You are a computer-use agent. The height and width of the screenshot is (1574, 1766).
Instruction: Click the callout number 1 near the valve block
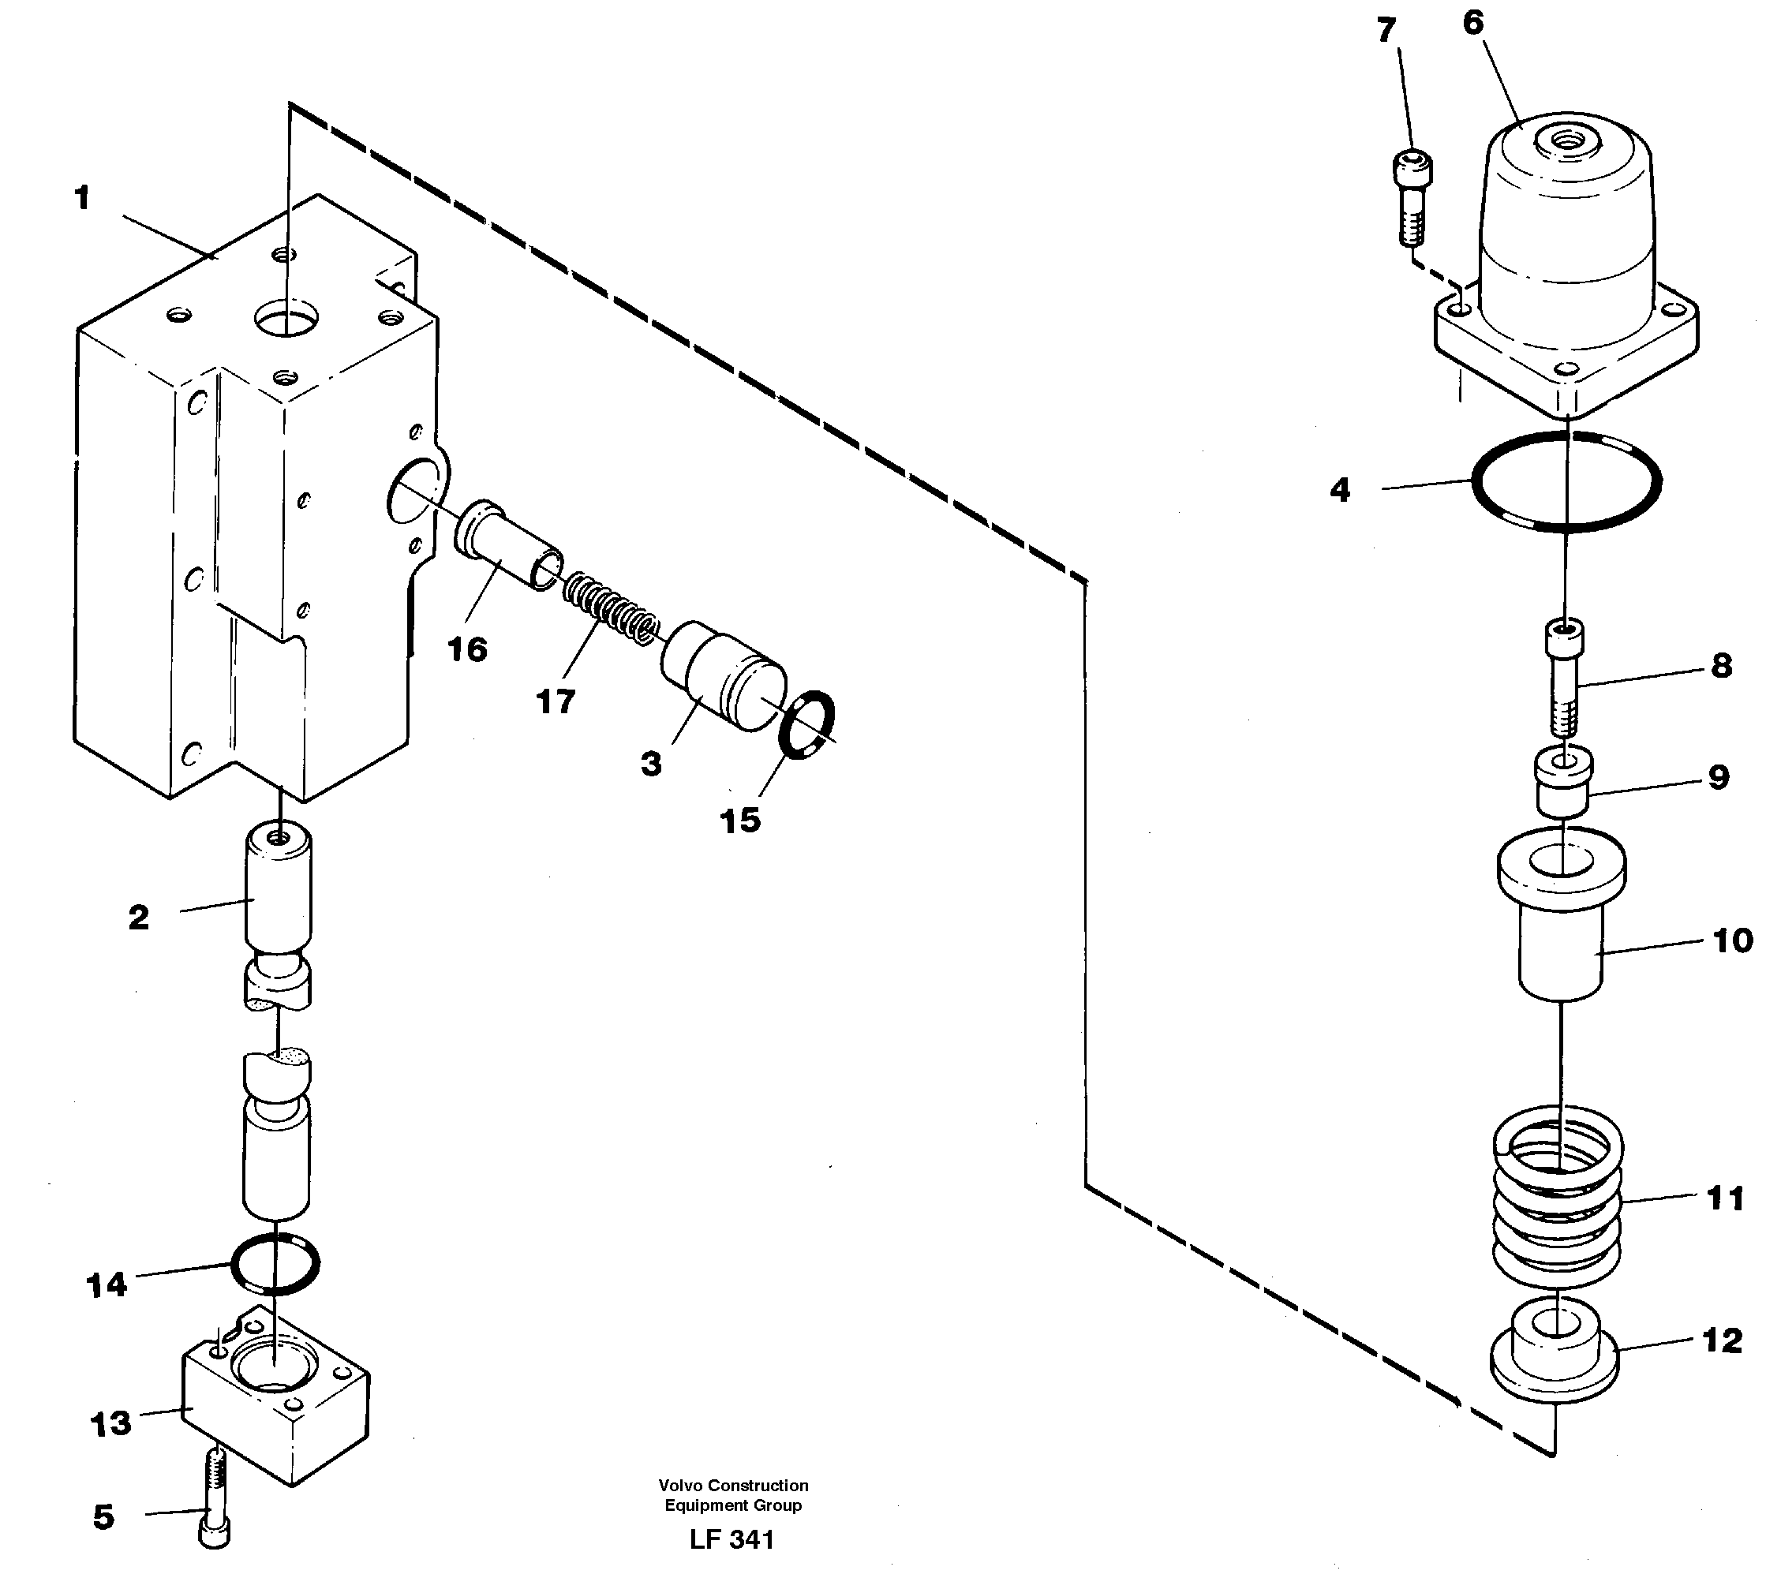(x=82, y=199)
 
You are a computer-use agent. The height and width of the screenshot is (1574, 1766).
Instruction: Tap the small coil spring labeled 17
(x=611, y=610)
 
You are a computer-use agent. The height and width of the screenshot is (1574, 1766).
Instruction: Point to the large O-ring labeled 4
(x=1566, y=480)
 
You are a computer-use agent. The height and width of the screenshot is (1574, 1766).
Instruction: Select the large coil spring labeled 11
(x=1558, y=1202)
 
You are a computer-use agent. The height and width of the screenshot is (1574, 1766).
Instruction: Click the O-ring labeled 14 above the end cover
(x=275, y=1263)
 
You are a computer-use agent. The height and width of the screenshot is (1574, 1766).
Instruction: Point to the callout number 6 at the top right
(x=1472, y=24)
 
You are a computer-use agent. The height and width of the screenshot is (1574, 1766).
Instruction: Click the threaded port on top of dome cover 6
(x=1566, y=138)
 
